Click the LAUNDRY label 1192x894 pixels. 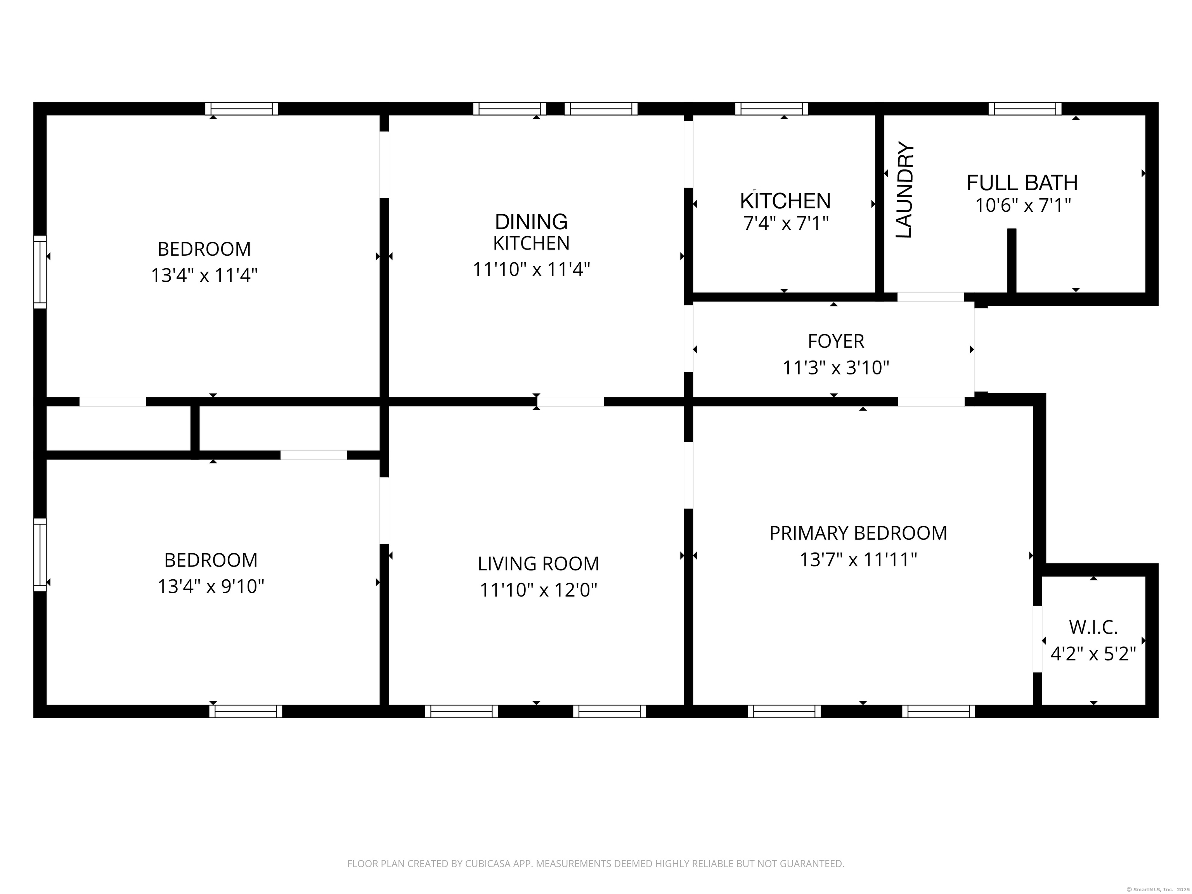click(905, 190)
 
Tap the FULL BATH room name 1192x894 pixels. click(1022, 183)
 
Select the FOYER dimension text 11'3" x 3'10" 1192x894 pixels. click(836, 368)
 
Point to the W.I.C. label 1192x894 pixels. click(1093, 627)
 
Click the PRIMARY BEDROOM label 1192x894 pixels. click(858, 533)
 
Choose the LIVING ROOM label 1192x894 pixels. click(538, 564)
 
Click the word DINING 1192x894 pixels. click(531, 222)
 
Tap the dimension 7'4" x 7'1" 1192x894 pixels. click(786, 223)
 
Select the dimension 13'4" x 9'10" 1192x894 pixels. click(211, 586)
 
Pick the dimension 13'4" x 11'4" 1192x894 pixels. click(204, 275)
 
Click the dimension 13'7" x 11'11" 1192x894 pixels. click(858, 560)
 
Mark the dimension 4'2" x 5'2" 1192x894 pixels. click(1093, 654)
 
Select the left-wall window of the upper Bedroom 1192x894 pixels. click(40, 272)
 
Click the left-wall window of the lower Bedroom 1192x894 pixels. click(40, 554)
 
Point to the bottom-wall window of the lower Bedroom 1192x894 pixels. click(246, 711)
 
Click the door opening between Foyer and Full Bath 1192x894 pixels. click(930, 297)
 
